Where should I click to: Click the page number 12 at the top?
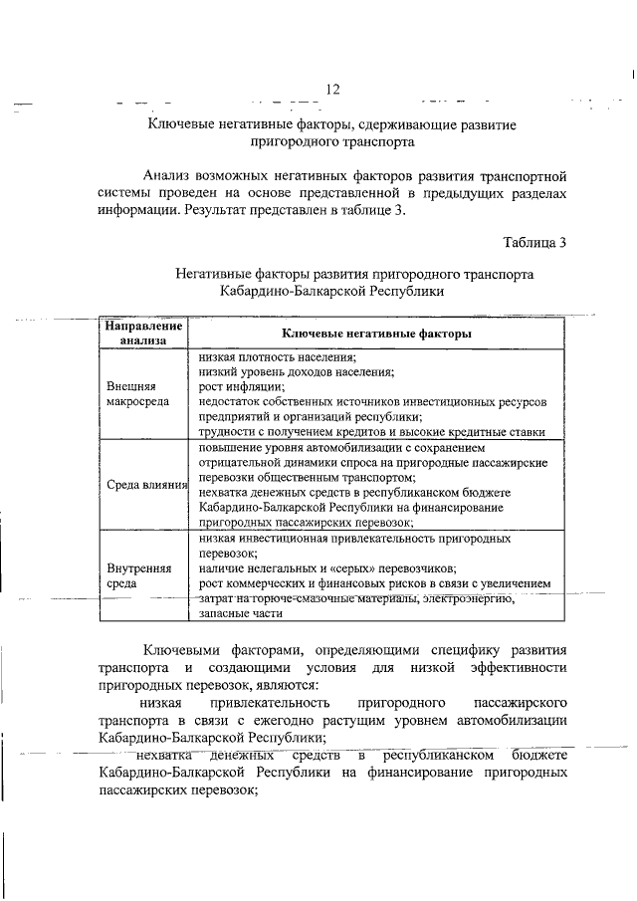click(x=332, y=90)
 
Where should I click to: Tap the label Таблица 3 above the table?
click(x=534, y=241)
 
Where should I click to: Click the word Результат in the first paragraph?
click(x=220, y=210)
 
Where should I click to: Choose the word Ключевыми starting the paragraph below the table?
click(x=187, y=650)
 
